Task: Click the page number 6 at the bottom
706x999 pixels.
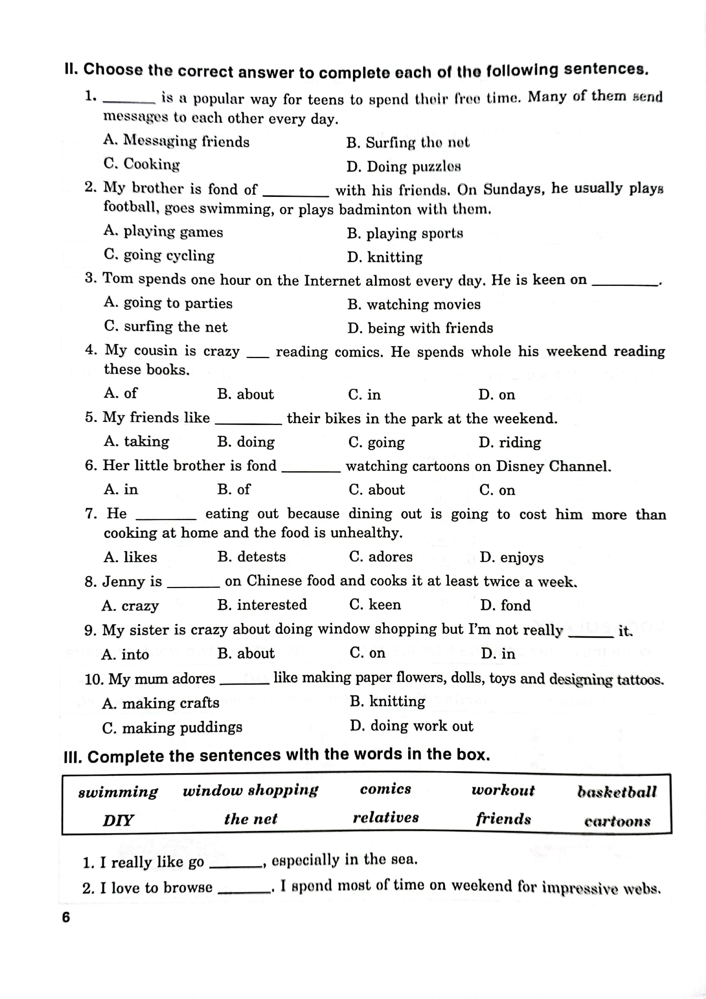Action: coord(66,917)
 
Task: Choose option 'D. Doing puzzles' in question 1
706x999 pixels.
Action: coord(404,166)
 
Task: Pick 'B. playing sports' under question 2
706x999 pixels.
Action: coord(405,233)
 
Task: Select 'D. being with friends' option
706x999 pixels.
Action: coord(420,328)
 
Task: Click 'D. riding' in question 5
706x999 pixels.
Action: coord(510,442)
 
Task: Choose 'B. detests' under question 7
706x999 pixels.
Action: coord(251,557)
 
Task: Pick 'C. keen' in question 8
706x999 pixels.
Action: coord(375,604)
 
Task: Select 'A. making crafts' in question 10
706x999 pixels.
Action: coord(160,703)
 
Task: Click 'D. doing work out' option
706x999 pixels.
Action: coord(411,726)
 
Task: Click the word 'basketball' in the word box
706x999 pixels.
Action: coord(617,792)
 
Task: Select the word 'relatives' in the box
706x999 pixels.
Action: coord(386,818)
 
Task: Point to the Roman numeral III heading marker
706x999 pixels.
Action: coord(73,758)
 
